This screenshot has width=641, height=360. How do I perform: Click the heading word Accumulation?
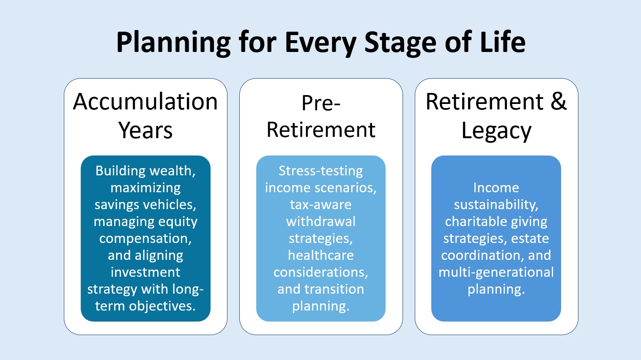pyautogui.click(x=145, y=101)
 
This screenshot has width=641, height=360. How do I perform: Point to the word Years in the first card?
pyautogui.click(x=145, y=131)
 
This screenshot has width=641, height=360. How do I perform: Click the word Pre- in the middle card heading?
pyautogui.click(x=321, y=103)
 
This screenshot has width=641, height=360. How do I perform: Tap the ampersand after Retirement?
pyautogui.click(x=558, y=101)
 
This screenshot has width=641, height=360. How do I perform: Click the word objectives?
pyautogui.click(x=162, y=306)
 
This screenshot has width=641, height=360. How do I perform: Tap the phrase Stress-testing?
pyautogui.click(x=321, y=171)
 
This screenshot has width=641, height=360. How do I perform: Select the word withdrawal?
pyautogui.click(x=321, y=221)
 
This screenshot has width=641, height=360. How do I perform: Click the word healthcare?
pyautogui.click(x=321, y=255)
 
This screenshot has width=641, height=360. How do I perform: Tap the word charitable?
pyautogui.click(x=470, y=221)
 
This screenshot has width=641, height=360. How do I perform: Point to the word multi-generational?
pyautogui.click(x=496, y=273)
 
